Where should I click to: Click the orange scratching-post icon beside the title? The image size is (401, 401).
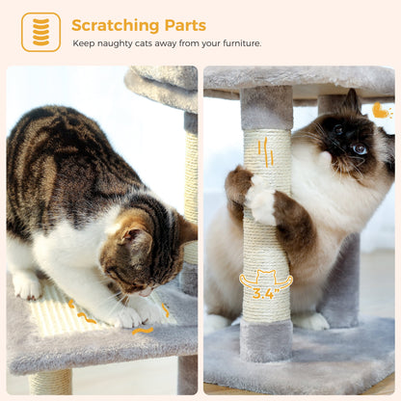(40, 32)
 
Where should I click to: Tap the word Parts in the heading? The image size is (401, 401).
(182, 25)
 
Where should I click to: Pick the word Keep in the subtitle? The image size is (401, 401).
(84, 43)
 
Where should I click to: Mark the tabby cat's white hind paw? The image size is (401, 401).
(27, 285)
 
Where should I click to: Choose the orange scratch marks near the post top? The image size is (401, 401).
(265, 153)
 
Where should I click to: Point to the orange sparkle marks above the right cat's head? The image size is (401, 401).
(382, 111)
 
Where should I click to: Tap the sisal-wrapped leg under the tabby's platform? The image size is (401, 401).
(50, 384)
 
